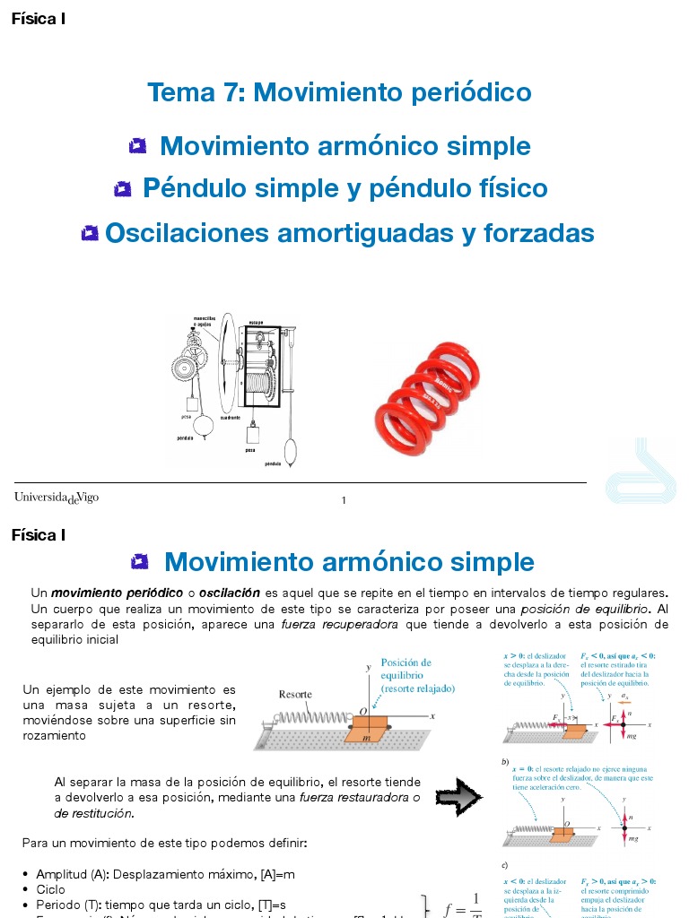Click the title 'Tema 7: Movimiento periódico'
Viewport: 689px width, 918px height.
click(339, 92)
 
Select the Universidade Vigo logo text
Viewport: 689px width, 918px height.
click(56, 498)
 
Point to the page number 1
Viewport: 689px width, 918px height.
click(344, 500)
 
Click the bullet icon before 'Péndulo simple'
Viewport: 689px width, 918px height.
click(123, 189)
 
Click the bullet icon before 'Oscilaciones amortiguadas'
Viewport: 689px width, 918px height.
click(89, 234)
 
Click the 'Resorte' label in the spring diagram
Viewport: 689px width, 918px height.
click(295, 694)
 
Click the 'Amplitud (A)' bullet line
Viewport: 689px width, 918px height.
click(165, 874)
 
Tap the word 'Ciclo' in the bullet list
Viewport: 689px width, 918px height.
click(51, 889)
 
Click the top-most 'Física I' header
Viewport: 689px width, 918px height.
click(38, 19)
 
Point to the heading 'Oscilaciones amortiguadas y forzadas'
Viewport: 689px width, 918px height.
click(349, 233)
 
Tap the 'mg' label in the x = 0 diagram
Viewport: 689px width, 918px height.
click(633, 839)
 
